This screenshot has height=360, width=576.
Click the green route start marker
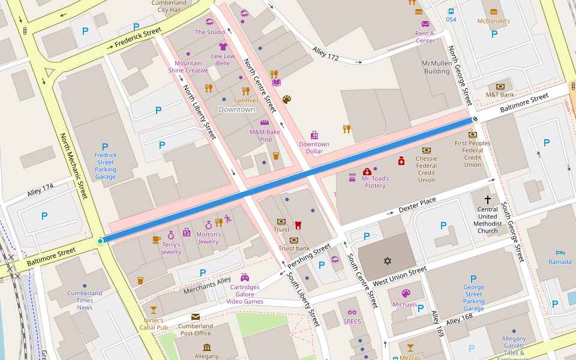coord(100,241)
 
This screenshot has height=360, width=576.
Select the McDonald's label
coord(493,21)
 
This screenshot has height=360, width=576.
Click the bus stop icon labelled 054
coord(451,11)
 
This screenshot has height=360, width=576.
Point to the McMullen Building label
coord(436,67)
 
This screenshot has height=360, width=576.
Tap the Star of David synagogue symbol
coord(387,261)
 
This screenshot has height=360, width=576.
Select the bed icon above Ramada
coord(560,252)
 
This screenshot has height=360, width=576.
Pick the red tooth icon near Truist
coord(297,226)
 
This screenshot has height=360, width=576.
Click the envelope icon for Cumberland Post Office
coord(196,317)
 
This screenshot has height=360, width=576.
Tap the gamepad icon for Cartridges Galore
coord(244,277)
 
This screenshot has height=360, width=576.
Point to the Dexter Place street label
coord(418,205)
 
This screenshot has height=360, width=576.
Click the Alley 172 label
coord(326,56)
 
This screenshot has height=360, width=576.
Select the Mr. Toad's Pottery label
coord(375,182)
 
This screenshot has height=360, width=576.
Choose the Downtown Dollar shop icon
coord(314,135)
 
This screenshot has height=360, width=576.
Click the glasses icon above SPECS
coord(352,312)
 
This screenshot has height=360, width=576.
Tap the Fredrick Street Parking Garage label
coord(105,166)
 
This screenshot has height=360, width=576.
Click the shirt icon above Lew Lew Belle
coord(223,46)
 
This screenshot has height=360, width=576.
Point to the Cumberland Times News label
coord(85,300)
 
